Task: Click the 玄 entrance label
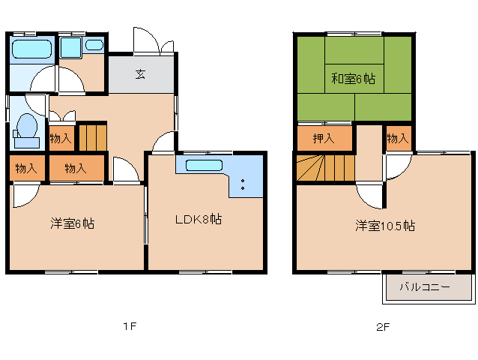[x=140, y=74]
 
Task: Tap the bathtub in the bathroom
[x=31, y=49]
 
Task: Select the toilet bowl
[x=28, y=125]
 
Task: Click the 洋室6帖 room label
[x=73, y=223]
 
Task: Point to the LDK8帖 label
[x=199, y=219]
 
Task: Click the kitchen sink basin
[x=204, y=165]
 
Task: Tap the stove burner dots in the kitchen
[x=243, y=184]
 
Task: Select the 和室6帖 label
[x=354, y=79]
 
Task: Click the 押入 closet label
[x=324, y=139]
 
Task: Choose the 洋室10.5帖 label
[x=385, y=226]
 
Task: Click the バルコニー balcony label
[x=425, y=286]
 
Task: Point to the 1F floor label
[x=130, y=326]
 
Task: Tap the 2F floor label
[x=383, y=327]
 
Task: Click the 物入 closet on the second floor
[x=398, y=139]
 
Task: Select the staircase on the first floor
[x=93, y=136]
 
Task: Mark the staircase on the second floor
[x=325, y=168]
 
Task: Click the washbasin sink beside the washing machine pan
[x=94, y=45]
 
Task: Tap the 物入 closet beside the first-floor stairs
[x=61, y=139]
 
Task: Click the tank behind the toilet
[x=27, y=142]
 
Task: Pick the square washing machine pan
[x=70, y=47]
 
